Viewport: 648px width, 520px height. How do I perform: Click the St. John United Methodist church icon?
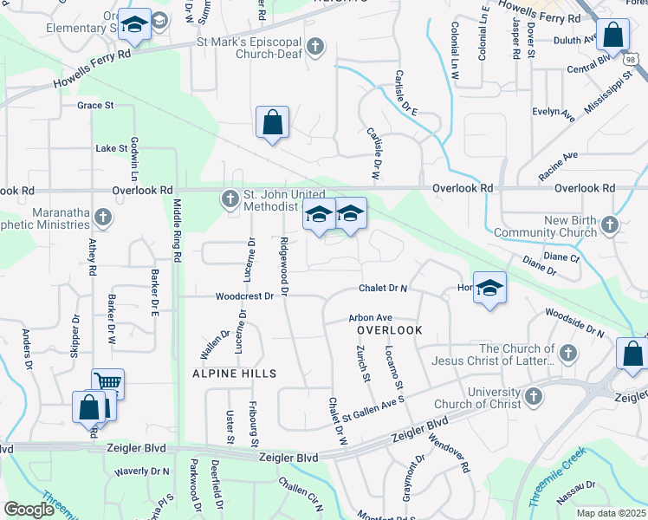pyautogui.click(x=230, y=199)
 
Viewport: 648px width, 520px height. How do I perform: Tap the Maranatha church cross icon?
pyautogui.click(x=103, y=217)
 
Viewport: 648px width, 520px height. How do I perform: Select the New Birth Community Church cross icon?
pyautogui.click(x=610, y=225)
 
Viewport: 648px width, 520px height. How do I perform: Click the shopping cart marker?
pyautogui.click(x=107, y=382)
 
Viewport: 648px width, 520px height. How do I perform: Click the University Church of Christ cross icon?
pyautogui.click(x=534, y=397)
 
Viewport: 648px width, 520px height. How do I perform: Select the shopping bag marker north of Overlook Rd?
pyautogui.click(x=272, y=122)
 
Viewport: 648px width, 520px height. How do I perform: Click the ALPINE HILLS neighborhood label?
pyautogui.click(x=236, y=374)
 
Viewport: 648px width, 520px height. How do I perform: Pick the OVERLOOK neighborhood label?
pyautogui.click(x=390, y=331)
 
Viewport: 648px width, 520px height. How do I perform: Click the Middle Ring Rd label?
pyautogui.click(x=177, y=231)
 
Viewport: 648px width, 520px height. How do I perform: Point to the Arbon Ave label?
pyautogui.click(x=371, y=318)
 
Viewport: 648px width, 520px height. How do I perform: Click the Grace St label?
pyautogui.click(x=95, y=106)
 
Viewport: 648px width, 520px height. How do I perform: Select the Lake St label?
pyautogui.click(x=112, y=149)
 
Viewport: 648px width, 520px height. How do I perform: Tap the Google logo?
pyautogui.click(x=29, y=510)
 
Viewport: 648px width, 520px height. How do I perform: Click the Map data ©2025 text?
pyautogui.click(x=611, y=513)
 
